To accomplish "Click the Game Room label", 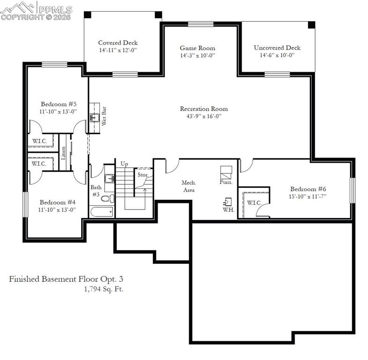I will tap(197, 48).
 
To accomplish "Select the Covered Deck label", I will tap(118, 43).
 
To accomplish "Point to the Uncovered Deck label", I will tap(277, 47).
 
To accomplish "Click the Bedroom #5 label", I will tap(58, 104).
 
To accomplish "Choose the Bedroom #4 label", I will tap(57, 202).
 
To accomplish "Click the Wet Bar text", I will tap(105, 116).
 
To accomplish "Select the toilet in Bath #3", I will tap(106, 198).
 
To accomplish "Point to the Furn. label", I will tap(226, 182).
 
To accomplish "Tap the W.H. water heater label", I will tap(228, 210).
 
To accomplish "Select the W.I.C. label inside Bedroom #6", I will tap(254, 202).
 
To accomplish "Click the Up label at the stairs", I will tap(124, 164).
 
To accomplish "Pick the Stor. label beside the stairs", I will tap(142, 175).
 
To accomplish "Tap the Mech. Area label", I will tap(189, 186).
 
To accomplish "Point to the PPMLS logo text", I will tap(55, 9).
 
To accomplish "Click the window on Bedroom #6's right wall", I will tap(353, 190).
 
